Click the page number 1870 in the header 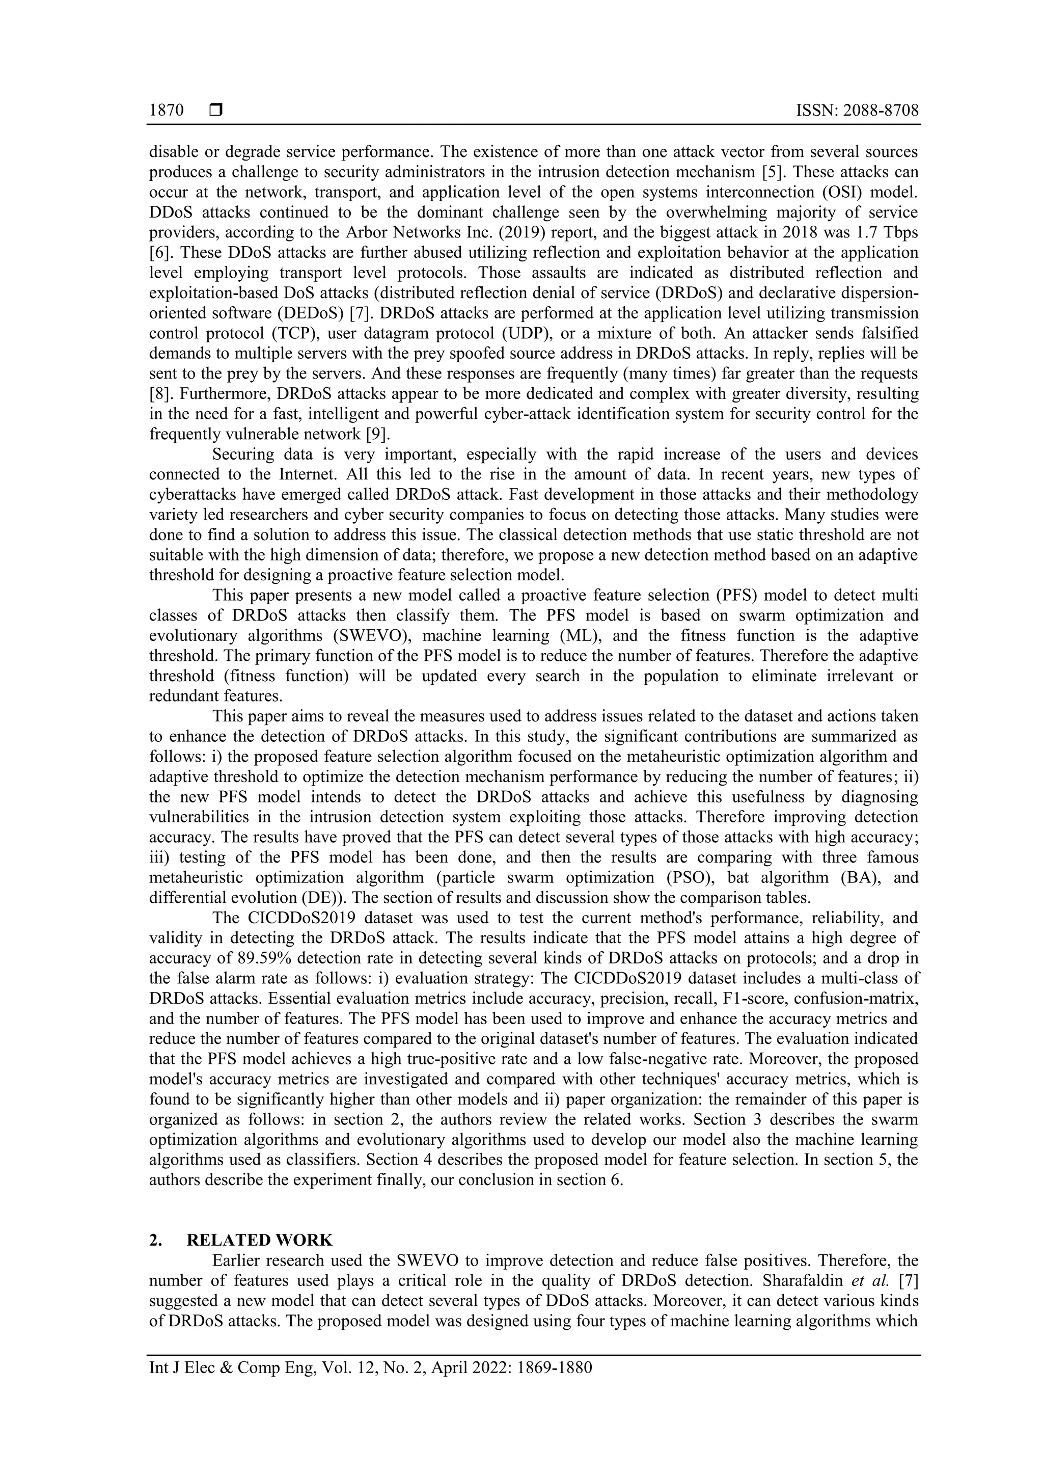167,111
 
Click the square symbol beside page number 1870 216,111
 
